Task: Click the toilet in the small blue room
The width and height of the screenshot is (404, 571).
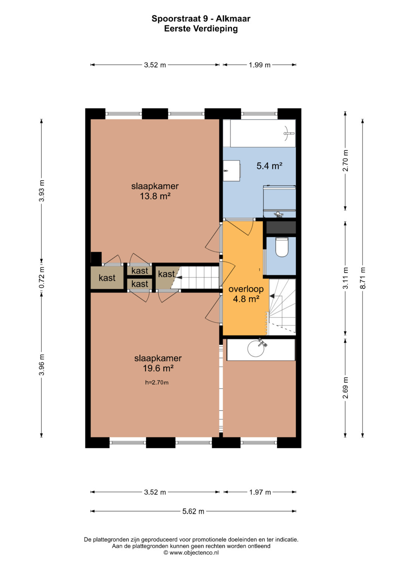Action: [x=282, y=247]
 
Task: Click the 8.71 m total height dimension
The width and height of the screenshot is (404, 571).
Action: [x=362, y=278]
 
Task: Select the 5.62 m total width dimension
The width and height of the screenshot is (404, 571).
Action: [x=193, y=511]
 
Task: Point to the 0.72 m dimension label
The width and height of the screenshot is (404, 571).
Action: [x=42, y=277]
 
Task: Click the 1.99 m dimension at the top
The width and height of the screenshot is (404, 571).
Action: [x=259, y=65]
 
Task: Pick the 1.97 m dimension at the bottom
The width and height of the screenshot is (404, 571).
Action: [x=260, y=492]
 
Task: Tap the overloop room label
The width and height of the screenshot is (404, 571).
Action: [x=246, y=289]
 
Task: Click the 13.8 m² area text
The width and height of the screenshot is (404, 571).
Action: [x=155, y=196]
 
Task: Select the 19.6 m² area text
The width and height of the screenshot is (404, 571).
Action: [x=158, y=368]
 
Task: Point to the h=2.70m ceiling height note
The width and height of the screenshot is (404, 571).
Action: [x=157, y=383]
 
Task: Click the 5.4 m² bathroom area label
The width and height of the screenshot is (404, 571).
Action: [x=269, y=166]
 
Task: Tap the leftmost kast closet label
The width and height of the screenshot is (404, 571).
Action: [x=107, y=277]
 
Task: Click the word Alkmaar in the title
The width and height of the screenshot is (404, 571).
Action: [x=233, y=19]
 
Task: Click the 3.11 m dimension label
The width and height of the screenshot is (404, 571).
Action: [x=345, y=278]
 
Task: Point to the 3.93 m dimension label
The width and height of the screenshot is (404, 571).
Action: [x=42, y=191]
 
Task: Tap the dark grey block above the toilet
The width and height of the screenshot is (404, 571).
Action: [x=281, y=227]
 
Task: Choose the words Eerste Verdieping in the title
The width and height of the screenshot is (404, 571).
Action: [x=201, y=28]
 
